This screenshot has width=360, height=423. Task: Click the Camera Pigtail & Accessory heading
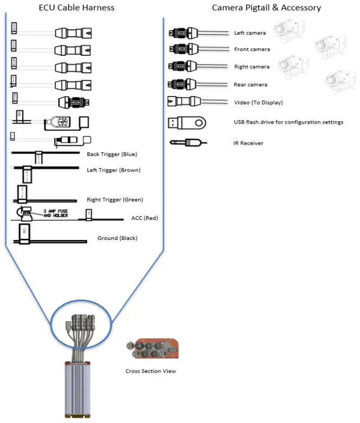pos(266,8)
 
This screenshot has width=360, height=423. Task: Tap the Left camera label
pos(250,33)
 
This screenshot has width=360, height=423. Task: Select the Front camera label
pos(252,49)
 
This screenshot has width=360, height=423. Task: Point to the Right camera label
pos(252,67)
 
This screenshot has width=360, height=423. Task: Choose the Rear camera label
pos(250,84)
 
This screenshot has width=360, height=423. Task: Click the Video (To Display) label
pos(258,102)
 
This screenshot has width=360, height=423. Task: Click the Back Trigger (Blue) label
pos(112,154)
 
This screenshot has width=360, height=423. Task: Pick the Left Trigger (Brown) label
pos(113,170)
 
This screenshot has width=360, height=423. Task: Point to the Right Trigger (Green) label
pos(115,199)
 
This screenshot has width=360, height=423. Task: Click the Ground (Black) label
pos(117,238)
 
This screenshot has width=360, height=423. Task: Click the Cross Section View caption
pos(151,371)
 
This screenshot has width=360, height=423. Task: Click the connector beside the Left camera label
pos(182,33)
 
